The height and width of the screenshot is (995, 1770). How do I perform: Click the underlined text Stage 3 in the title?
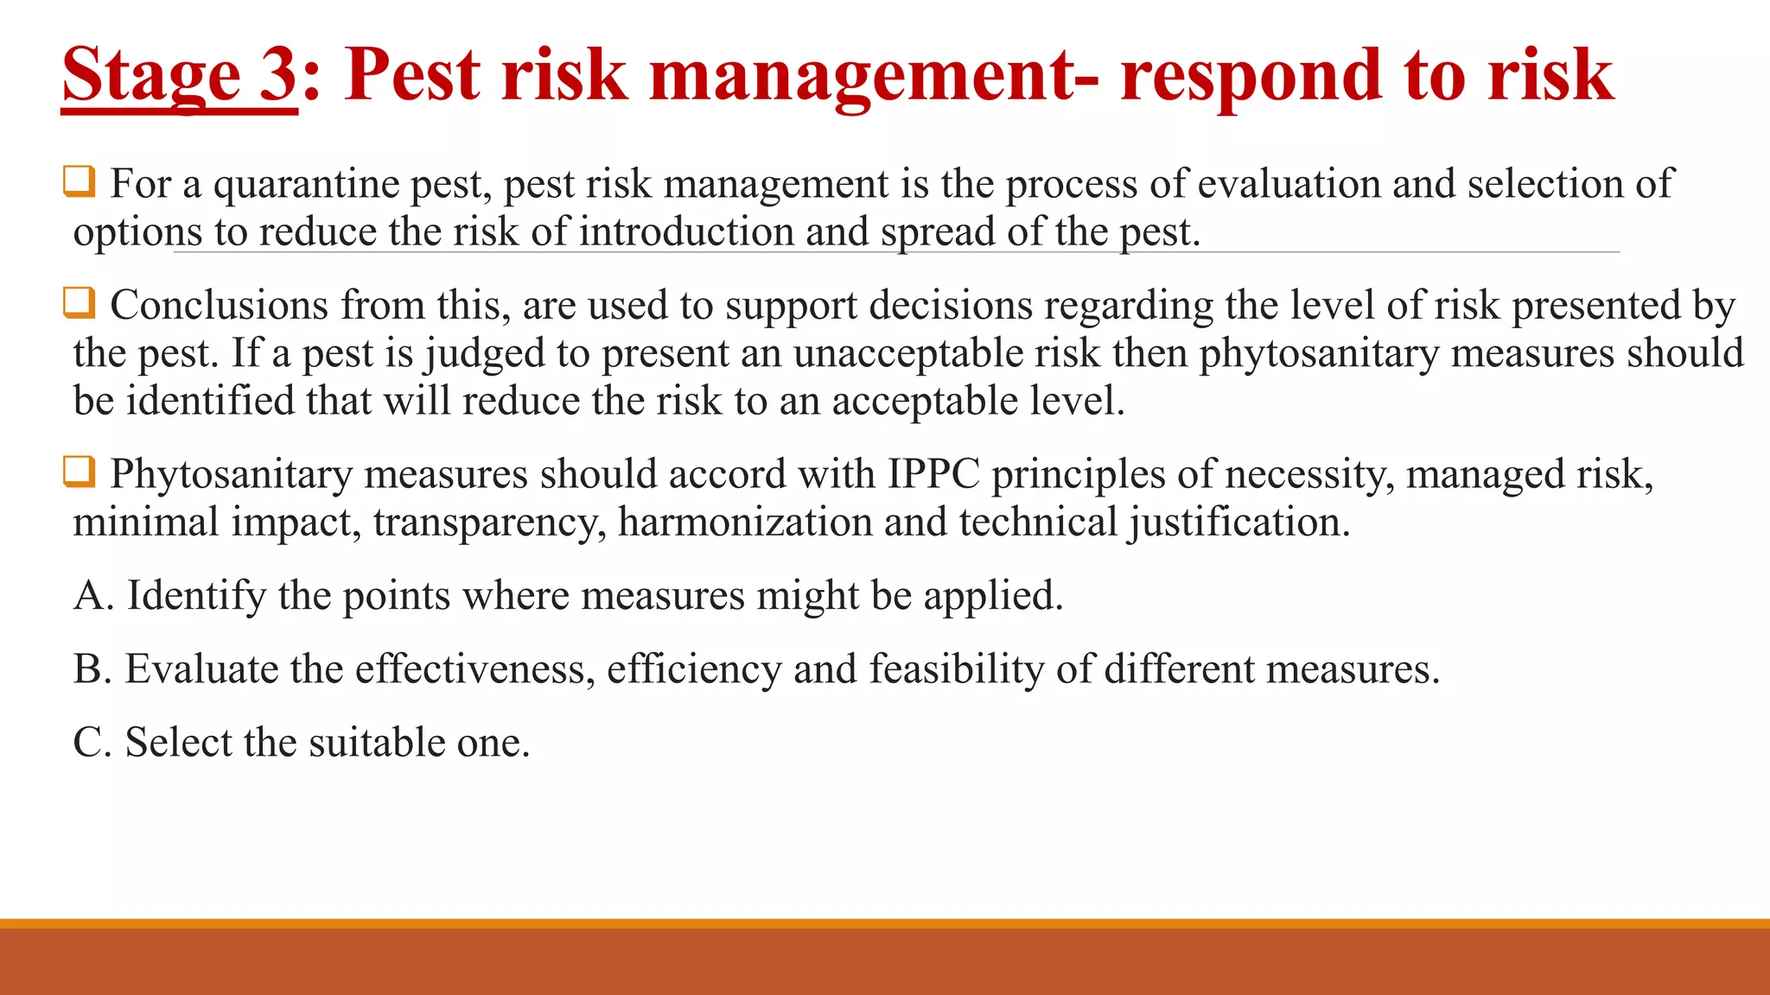tap(179, 76)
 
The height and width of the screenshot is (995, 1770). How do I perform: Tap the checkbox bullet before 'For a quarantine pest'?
tap(80, 182)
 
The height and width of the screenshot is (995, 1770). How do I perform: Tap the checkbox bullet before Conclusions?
tap(80, 303)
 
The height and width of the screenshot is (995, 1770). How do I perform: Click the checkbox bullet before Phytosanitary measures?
tap(80, 472)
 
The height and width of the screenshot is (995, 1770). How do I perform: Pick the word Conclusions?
tap(219, 306)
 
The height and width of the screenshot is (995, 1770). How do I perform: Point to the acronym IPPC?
tap(933, 474)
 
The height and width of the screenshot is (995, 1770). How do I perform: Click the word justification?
tap(1239, 523)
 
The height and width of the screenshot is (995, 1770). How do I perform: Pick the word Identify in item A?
tap(196, 597)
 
